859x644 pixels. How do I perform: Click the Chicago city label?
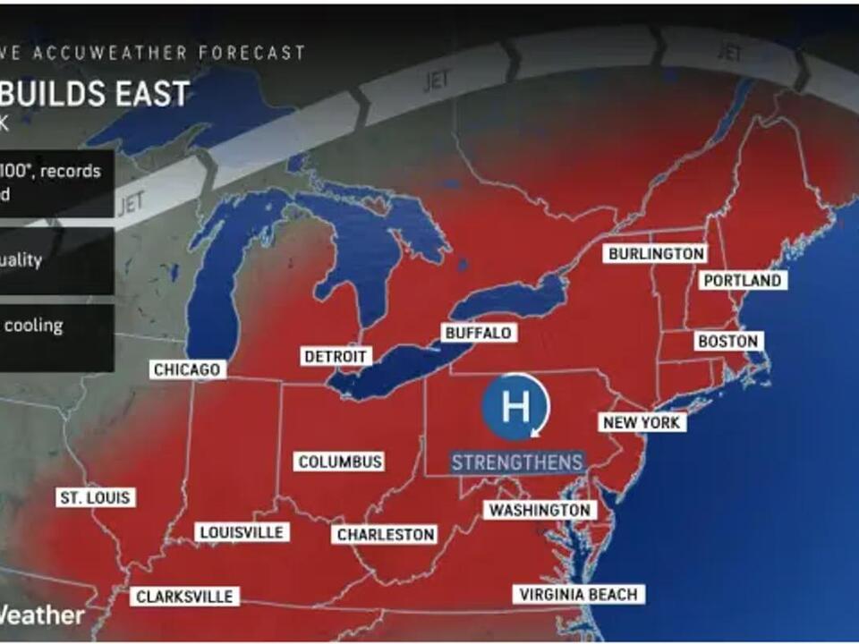187,369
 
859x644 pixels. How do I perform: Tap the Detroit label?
336,356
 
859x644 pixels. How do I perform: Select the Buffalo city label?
478,333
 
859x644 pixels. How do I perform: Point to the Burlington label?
656,254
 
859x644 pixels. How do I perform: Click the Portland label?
742,280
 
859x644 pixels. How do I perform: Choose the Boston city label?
728,341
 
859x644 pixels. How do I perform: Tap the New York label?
642,422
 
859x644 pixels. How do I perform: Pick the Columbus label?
340,462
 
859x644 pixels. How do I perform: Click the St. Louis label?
95,497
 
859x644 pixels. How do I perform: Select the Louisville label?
242,532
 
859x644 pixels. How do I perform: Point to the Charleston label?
385,534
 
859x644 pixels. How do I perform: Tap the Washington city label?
540,510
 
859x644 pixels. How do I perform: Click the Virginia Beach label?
578,594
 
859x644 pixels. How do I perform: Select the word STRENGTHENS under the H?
517,462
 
